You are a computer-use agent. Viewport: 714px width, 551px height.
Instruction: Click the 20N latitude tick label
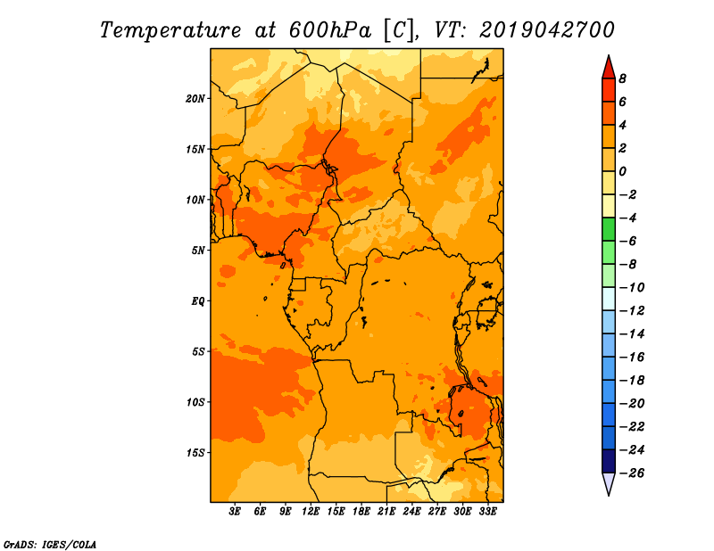pos(195,99)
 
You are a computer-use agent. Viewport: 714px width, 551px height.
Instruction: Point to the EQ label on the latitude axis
pos(198,301)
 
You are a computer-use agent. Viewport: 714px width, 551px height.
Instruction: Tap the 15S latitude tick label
pos(195,453)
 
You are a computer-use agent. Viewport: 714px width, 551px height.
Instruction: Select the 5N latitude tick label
pos(198,251)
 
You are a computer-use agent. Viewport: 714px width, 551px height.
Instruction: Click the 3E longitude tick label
pos(235,512)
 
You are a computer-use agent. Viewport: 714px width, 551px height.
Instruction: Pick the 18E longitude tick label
pos(361,512)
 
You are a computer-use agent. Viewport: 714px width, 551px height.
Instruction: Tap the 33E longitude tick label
pos(487,512)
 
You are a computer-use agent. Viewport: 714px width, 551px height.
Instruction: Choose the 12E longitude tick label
pos(311,512)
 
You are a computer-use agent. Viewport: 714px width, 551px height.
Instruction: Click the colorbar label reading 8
pos(622,78)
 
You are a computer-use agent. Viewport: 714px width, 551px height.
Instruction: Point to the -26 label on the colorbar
pos(632,473)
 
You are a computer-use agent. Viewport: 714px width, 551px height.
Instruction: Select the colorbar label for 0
pos(622,171)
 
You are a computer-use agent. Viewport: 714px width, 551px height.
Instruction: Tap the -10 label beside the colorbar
pos(632,288)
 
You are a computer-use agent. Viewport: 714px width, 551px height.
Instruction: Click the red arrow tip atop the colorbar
pos(609,55)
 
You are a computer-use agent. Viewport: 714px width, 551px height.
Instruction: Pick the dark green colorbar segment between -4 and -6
pos(609,229)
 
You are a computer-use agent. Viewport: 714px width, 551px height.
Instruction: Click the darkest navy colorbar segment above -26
pos(609,461)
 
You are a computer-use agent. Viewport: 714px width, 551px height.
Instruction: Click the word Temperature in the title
pos(170,31)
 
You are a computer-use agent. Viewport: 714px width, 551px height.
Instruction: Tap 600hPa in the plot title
pos(329,30)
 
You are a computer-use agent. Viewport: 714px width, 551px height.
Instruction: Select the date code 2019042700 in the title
pos(547,30)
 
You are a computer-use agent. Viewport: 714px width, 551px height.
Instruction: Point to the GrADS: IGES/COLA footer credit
pos(50,545)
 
